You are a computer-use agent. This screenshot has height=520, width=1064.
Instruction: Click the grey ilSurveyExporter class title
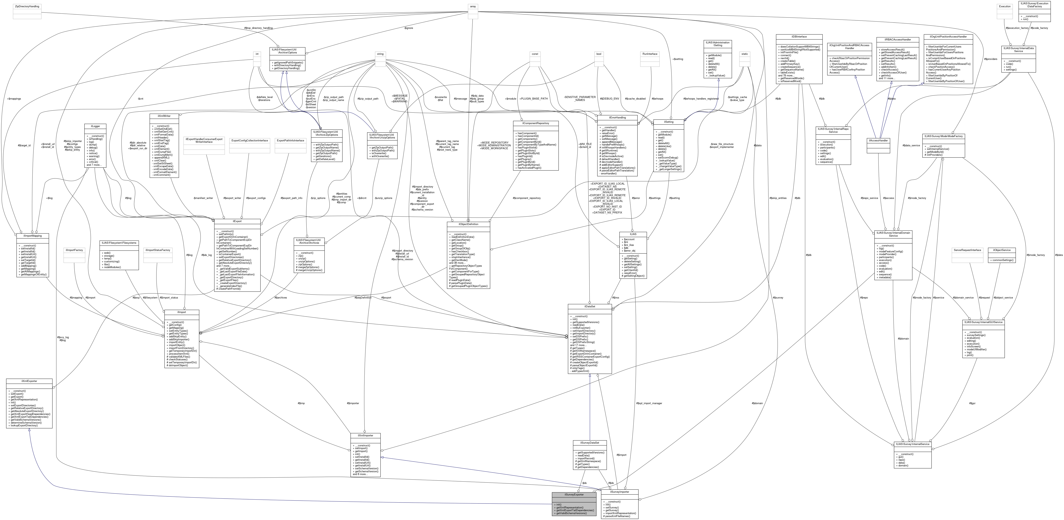pos(574,494)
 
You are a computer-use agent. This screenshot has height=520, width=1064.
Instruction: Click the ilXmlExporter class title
pos(29,381)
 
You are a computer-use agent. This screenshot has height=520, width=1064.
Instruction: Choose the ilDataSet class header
pos(589,307)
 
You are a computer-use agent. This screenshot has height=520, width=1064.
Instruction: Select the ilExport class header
pos(237,221)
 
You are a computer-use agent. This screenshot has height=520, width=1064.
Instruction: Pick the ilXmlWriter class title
pos(164,116)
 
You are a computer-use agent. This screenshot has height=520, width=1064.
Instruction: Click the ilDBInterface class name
pos(799,37)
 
